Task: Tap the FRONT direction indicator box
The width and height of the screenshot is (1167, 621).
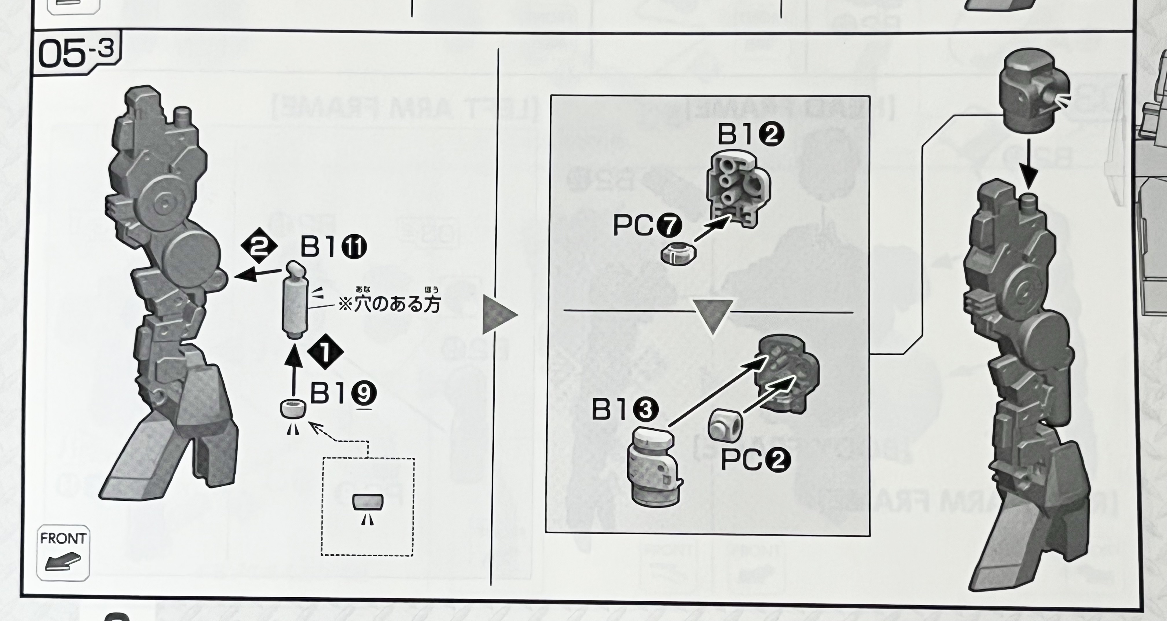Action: (63, 553)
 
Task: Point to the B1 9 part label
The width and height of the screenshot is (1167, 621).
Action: (343, 393)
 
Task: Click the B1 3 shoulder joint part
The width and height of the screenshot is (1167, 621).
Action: (654, 467)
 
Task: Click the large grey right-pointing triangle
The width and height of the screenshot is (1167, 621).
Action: (499, 315)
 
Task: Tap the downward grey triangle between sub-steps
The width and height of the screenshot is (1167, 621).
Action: (713, 316)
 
